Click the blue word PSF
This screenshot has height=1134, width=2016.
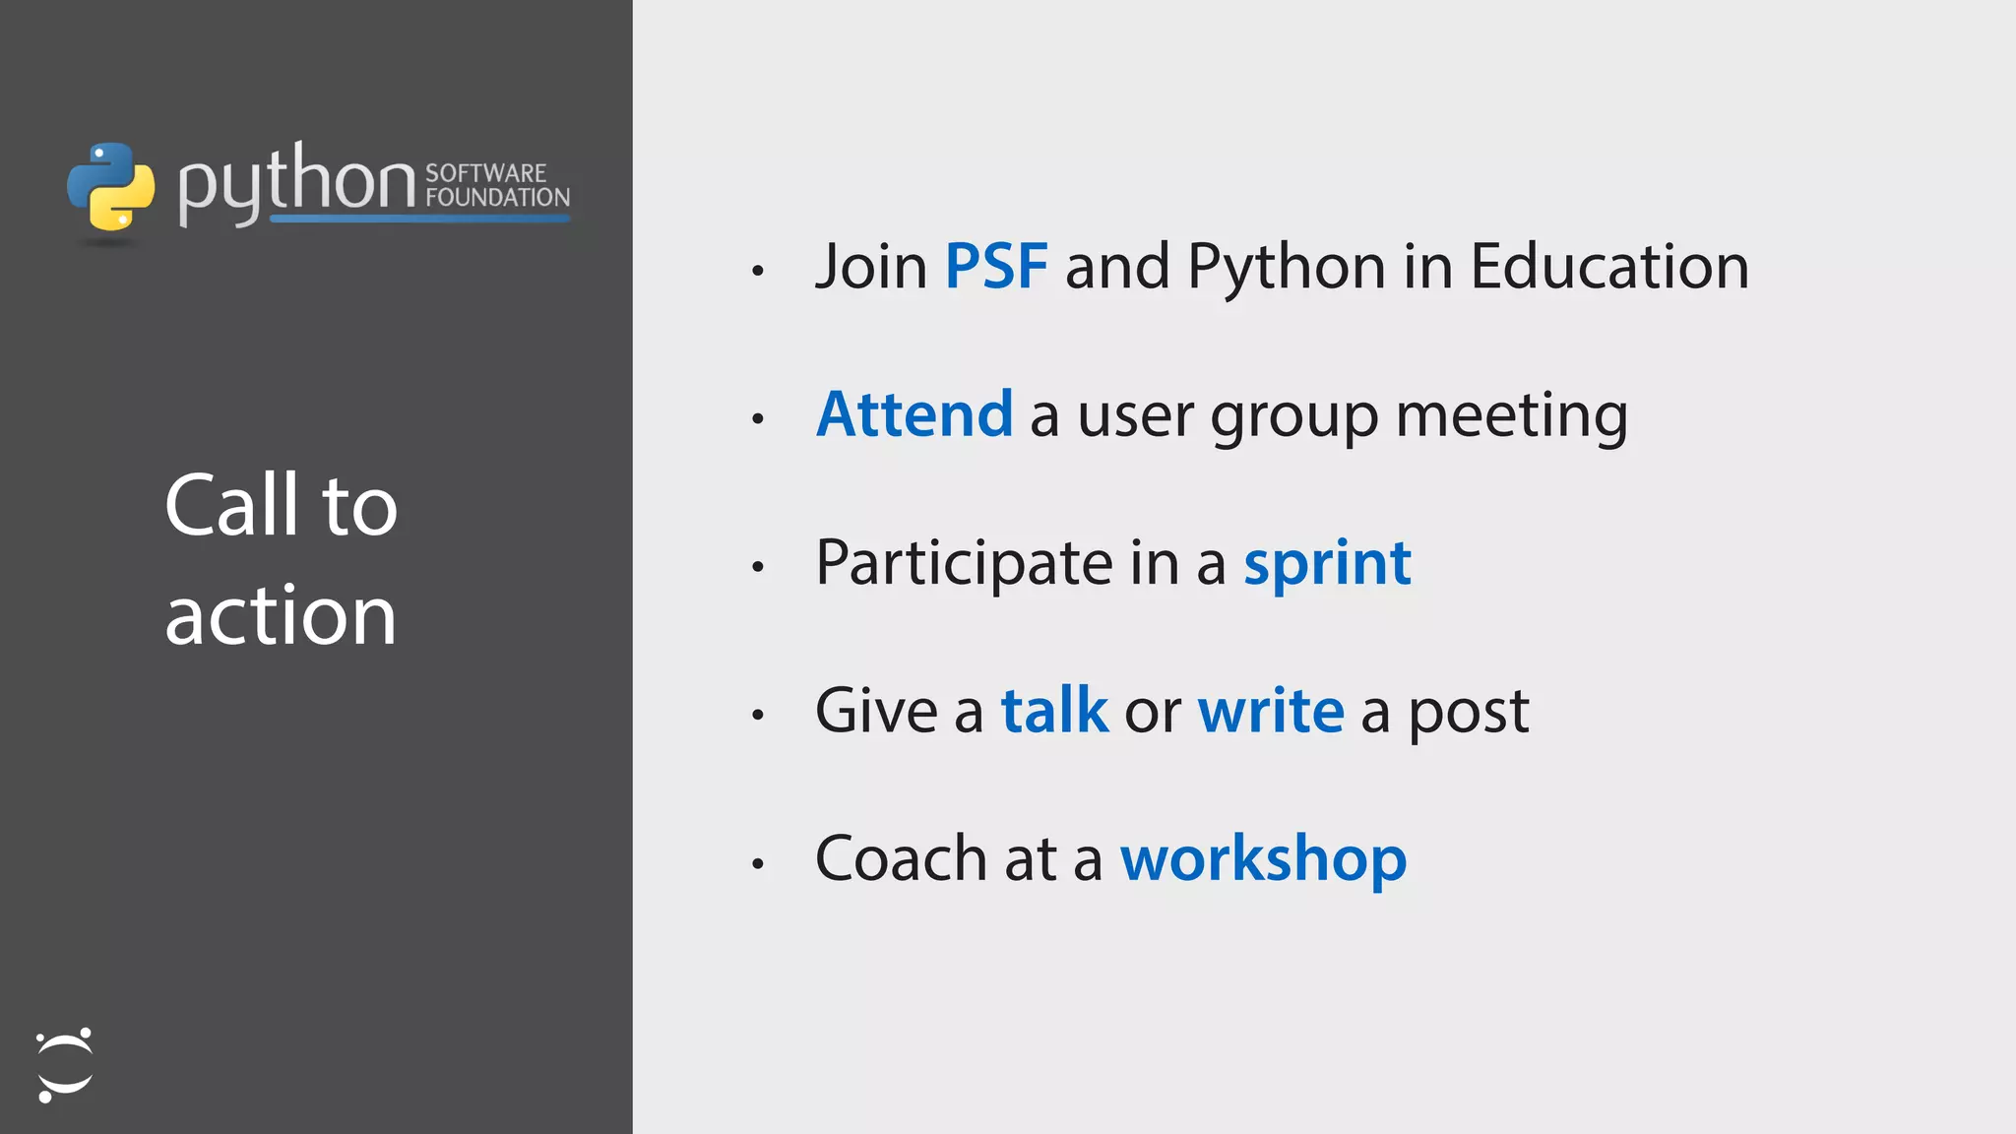pyautogui.click(x=995, y=267)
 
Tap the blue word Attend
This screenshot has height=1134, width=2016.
pyautogui.click(x=914, y=414)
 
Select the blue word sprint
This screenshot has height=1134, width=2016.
pyautogui.click(x=1327, y=565)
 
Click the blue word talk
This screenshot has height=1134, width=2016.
pyautogui.click(x=1054, y=711)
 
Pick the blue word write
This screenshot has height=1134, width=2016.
pyautogui.click(x=1270, y=711)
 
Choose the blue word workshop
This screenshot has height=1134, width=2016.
pyautogui.click(x=1263, y=859)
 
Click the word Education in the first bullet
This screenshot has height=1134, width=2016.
pyautogui.click(x=1608, y=267)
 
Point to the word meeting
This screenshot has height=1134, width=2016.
pyautogui.click(x=1511, y=416)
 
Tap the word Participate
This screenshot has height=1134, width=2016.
pyautogui.click(x=964, y=563)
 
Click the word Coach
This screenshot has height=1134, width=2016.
pyautogui.click(x=901, y=858)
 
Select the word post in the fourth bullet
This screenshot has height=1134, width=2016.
pyautogui.click(x=1468, y=713)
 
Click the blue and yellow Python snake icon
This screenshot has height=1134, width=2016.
pyautogui.click(x=110, y=187)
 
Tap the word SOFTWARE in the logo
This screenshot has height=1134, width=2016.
pyautogui.click(x=485, y=172)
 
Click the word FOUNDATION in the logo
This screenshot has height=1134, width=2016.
pyautogui.click(x=497, y=197)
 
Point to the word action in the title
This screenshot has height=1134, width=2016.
pyautogui.click(x=281, y=616)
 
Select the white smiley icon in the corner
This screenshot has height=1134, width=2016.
pyautogui.click(x=64, y=1065)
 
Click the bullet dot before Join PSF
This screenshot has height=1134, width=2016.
pyautogui.click(x=757, y=271)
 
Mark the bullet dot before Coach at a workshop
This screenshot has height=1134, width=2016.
pyautogui.click(x=757, y=863)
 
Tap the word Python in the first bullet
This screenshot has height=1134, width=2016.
pyautogui.click(x=1287, y=269)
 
